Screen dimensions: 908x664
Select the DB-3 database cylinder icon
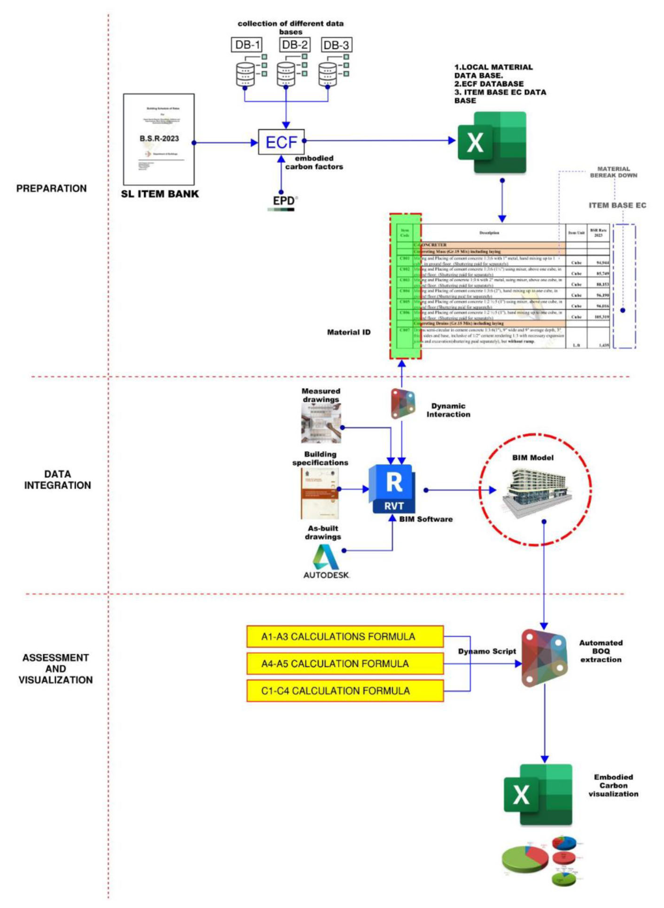coord(328,74)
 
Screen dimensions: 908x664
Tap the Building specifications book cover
coord(319,493)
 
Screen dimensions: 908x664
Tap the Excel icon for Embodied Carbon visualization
coord(538,795)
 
